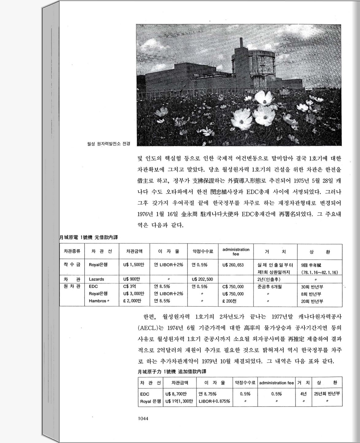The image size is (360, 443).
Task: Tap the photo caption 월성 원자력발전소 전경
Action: (109, 143)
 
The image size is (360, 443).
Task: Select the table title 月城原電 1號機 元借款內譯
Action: (88, 237)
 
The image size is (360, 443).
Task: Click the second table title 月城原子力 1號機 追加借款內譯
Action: (172, 372)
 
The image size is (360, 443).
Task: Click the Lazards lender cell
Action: (96, 279)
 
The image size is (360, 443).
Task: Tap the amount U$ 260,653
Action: (233, 265)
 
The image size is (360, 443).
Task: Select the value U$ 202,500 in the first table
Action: (202, 279)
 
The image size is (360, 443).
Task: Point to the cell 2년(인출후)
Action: (269, 279)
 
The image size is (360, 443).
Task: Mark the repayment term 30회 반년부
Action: (312, 287)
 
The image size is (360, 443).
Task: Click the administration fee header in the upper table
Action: (236, 252)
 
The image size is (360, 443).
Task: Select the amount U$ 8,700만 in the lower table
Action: (176, 394)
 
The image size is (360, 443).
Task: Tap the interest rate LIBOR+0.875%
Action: (214, 401)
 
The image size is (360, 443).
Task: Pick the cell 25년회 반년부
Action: (327, 394)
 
